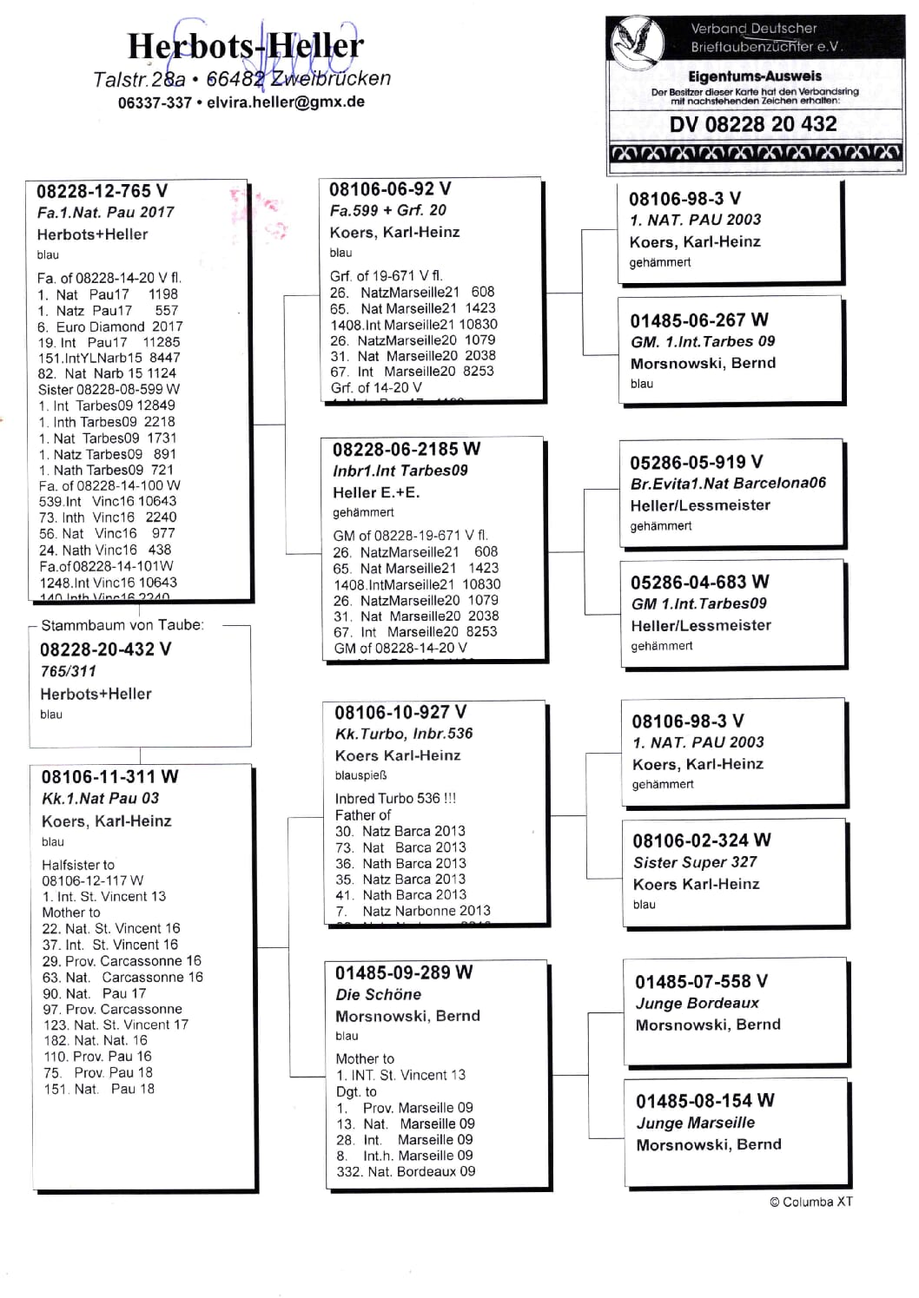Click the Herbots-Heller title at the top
[x=245, y=46]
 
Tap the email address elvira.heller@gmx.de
[x=285, y=102]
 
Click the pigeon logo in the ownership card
[x=638, y=39]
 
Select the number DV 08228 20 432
[x=752, y=124]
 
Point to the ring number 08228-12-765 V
[x=102, y=192]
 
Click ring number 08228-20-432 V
[x=105, y=649]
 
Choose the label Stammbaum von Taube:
[x=122, y=625]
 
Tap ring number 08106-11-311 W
[x=109, y=776]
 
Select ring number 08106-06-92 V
[x=389, y=189]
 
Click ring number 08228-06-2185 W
[x=406, y=449]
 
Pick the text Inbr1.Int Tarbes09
[x=400, y=471]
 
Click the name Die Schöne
[x=378, y=994]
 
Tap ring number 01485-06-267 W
[x=698, y=320]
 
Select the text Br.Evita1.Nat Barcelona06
[x=728, y=483]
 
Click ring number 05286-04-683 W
[x=699, y=582]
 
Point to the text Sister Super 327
[x=695, y=862]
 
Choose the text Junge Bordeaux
[x=697, y=1003]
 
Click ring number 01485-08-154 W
[x=704, y=1101]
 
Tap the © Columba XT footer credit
[x=810, y=1202]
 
